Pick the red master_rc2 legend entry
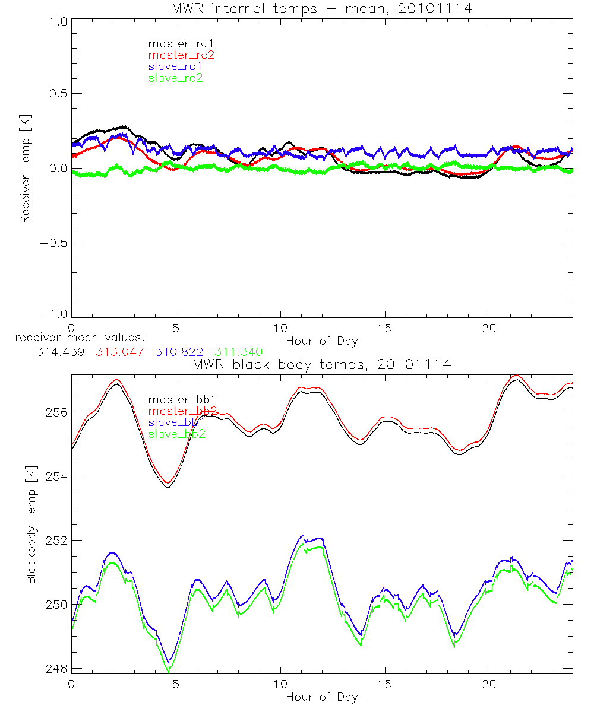click(x=181, y=55)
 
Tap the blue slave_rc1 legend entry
click(x=175, y=66)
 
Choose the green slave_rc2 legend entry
click(x=175, y=78)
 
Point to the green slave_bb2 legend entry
click(x=177, y=434)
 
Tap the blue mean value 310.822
click(x=177, y=352)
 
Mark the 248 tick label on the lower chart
click(x=56, y=669)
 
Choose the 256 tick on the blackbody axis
click(x=56, y=412)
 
